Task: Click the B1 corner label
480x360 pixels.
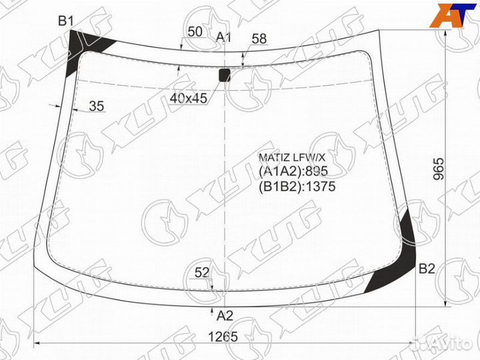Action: point(66,21)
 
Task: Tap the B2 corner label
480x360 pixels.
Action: point(427,269)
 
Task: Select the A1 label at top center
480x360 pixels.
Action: point(223,37)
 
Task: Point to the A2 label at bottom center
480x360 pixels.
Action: point(225,315)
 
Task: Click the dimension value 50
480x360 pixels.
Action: point(195,31)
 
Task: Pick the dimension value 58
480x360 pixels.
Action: point(259,39)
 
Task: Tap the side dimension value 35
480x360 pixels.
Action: point(97,106)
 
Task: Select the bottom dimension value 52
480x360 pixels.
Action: point(202,272)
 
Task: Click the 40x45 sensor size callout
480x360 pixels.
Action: point(189,98)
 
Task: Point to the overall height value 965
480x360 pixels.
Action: point(439,169)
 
